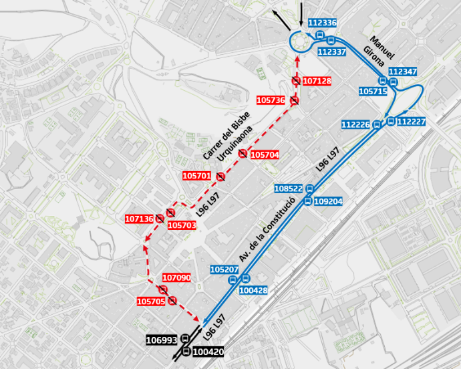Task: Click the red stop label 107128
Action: click(x=317, y=81)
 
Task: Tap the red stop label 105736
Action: click(x=271, y=100)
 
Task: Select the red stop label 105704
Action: click(x=264, y=155)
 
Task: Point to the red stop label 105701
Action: click(x=196, y=176)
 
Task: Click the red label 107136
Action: click(x=140, y=219)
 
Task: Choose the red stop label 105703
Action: click(x=182, y=225)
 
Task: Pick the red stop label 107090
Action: click(x=177, y=277)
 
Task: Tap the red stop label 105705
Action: click(x=151, y=301)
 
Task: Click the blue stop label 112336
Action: click(x=323, y=23)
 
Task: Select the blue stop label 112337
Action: click(x=332, y=51)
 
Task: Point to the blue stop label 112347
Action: click(x=402, y=71)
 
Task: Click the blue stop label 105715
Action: click(x=373, y=91)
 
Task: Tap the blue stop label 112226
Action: click(x=355, y=124)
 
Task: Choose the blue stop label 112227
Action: click(x=412, y=122)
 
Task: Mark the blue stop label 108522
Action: click(x=289, y=189)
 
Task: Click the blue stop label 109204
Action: click(x=328, y=201)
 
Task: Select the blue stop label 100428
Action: click(x=253, y=290)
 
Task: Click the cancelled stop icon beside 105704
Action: click(x=243, y=154)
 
